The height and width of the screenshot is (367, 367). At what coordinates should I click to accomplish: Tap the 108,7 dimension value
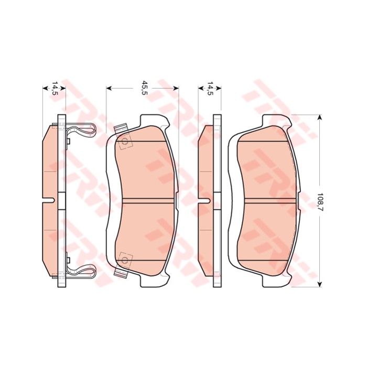(320, 202)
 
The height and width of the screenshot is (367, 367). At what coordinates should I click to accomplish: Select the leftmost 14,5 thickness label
(55, 89)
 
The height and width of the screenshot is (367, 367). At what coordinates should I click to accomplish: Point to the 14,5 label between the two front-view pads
(211, 89)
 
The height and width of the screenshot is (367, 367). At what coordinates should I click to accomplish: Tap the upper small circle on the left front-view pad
(125, 142)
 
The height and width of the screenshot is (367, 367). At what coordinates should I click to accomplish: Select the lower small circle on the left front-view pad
(125, 260)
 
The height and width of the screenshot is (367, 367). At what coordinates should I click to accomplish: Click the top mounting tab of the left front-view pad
(155, 121)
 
